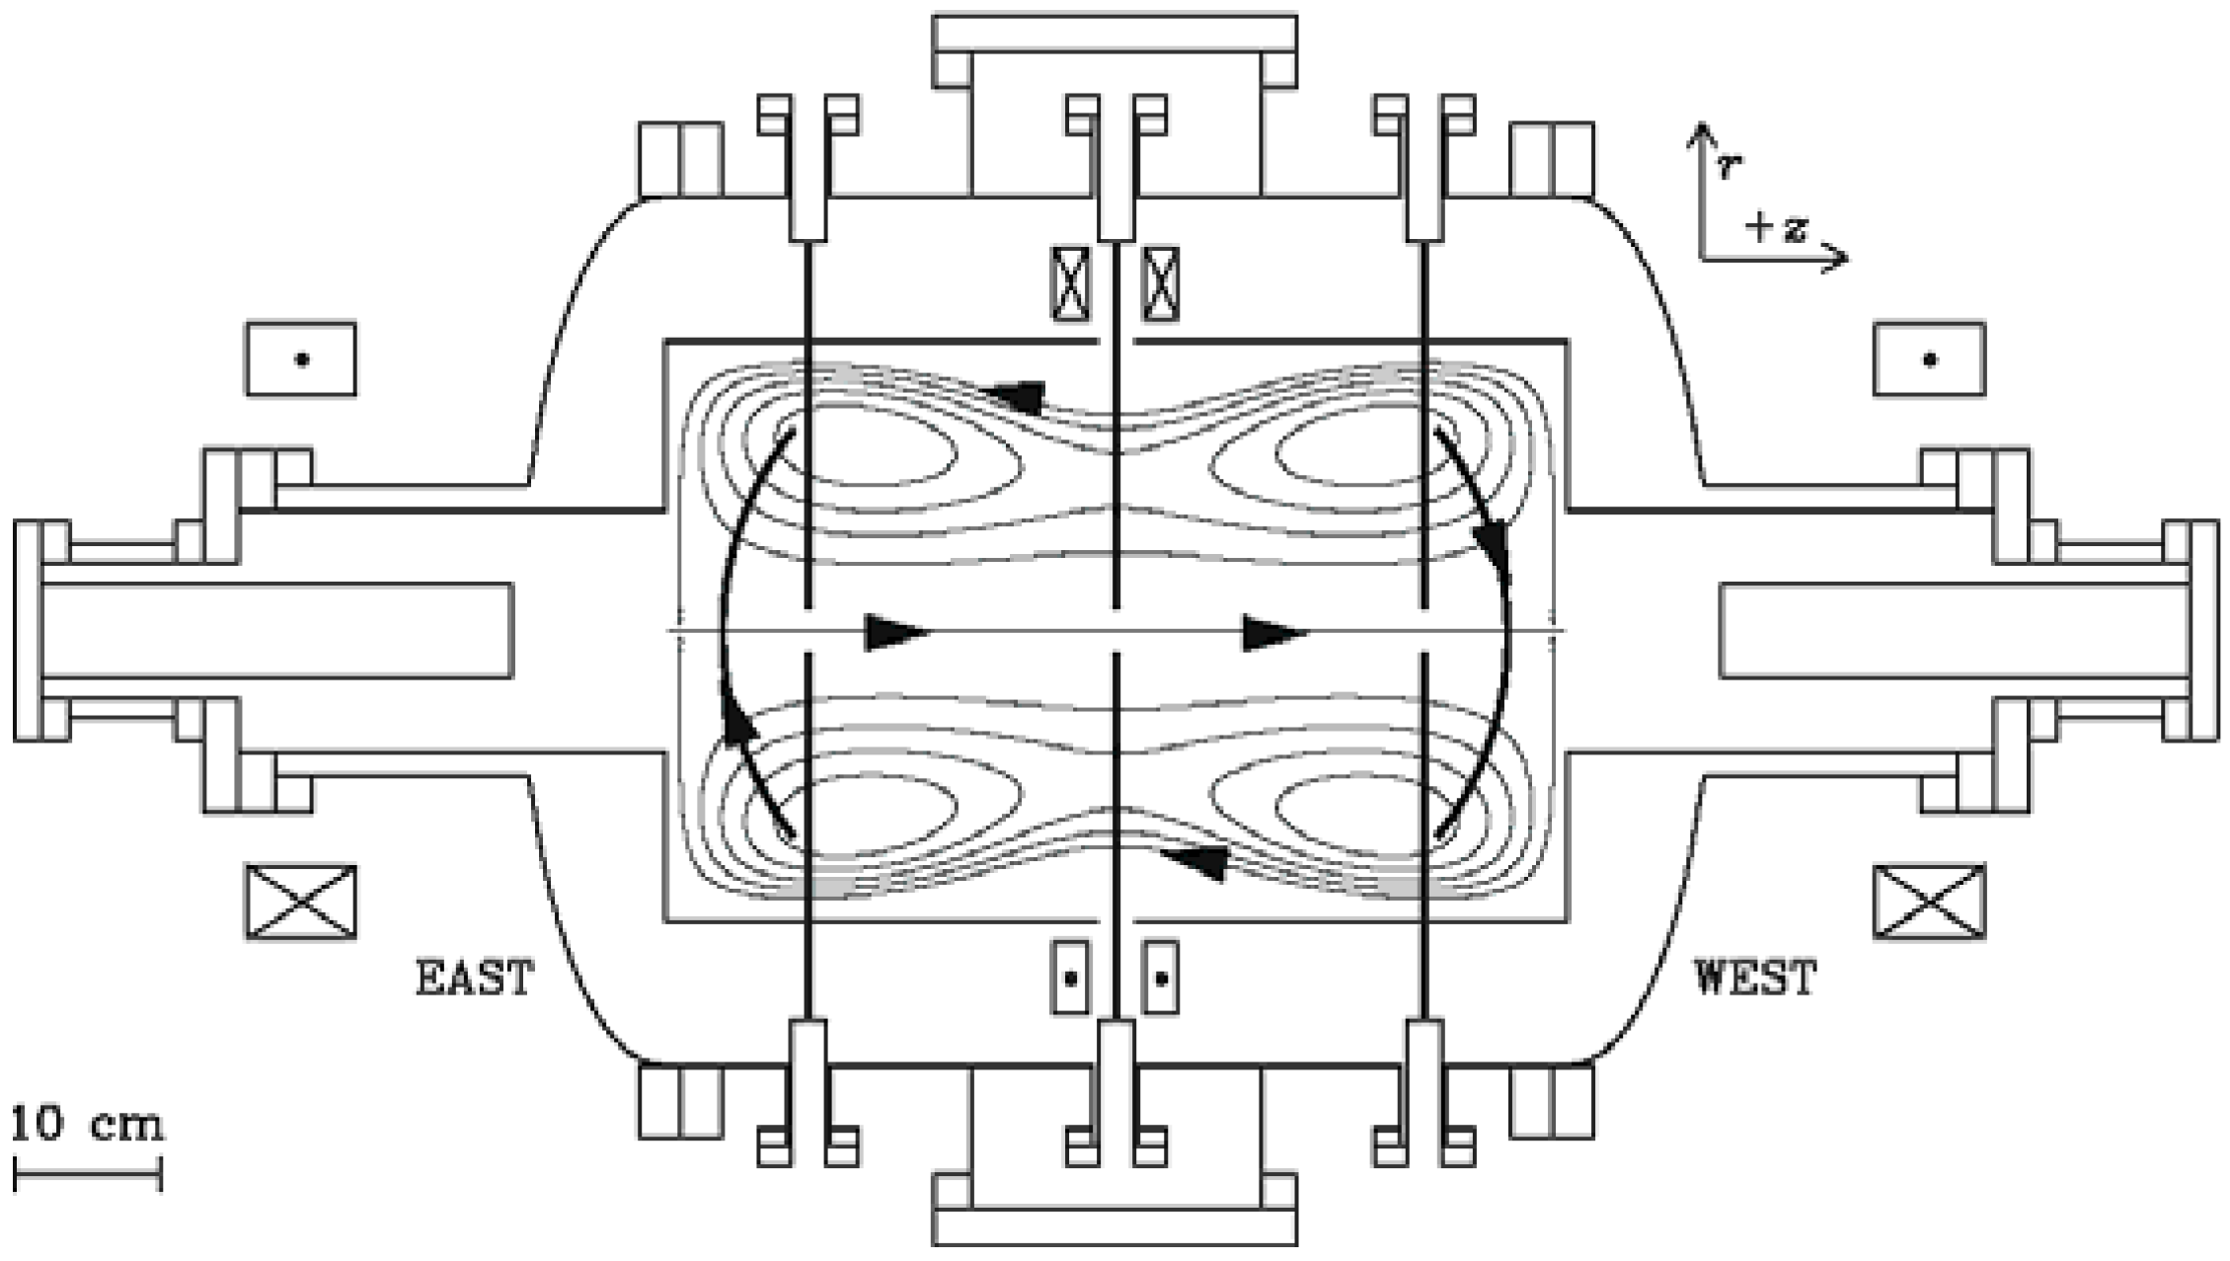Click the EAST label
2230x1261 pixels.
point(475,978)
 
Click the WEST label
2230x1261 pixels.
point(1755,978)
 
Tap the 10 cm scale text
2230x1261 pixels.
point(88,1125)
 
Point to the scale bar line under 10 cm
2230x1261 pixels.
point(88,1175)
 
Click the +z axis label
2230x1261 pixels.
point(1776,229)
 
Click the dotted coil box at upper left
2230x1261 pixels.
point(301,359)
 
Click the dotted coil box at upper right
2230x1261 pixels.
point(1930,359)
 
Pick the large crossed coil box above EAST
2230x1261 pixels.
point(301,902)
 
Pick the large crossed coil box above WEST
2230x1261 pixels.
point(1930,902)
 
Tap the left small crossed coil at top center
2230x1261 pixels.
point(1070,284)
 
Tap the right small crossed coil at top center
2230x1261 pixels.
point(1161,284)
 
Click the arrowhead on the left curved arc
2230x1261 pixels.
point(739,718)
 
